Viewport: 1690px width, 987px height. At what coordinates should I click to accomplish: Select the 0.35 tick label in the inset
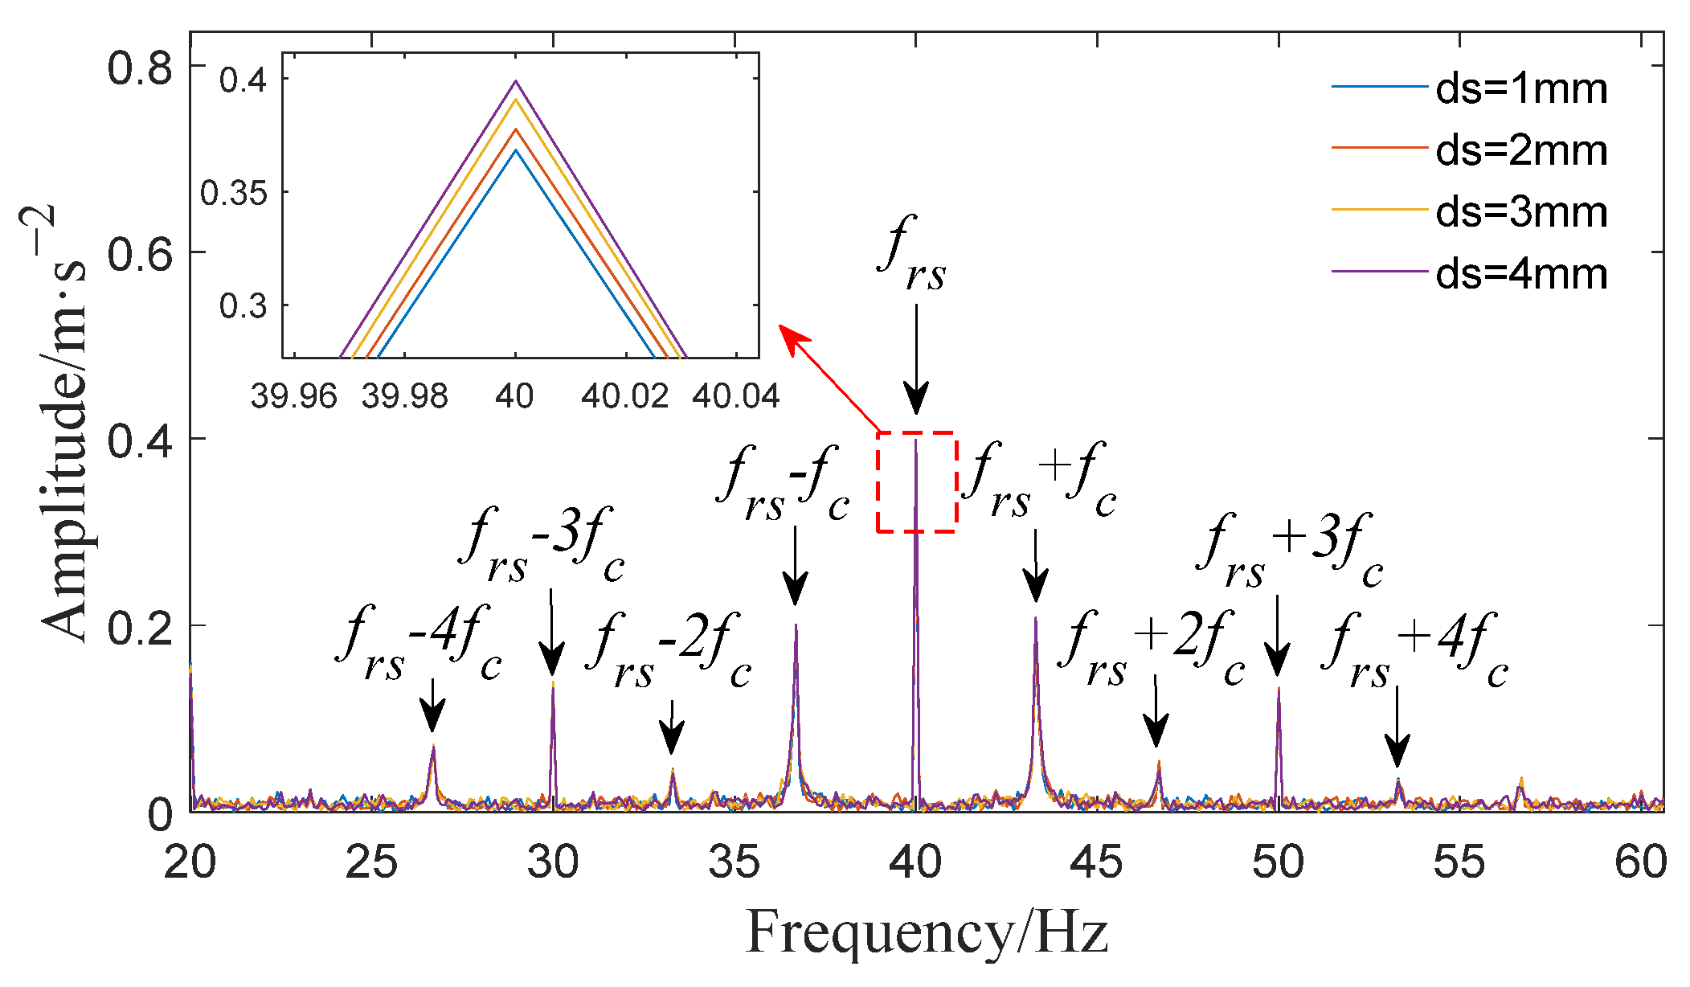point(233,193)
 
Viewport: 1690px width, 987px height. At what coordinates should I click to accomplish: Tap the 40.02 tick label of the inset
point(624,396)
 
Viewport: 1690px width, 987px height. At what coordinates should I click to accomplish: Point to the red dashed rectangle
point(916,482)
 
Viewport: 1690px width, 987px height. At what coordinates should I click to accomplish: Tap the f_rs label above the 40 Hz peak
point(911,254)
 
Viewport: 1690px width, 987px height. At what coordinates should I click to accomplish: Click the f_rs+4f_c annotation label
point(1414,650)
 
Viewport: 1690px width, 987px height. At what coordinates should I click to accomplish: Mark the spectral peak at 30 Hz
point(553,684)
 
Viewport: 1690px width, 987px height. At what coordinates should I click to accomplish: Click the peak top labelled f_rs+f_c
point(1036,618)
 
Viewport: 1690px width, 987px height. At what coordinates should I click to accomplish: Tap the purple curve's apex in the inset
point(516,81)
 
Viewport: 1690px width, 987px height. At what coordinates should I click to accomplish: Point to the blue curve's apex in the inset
point(516,150)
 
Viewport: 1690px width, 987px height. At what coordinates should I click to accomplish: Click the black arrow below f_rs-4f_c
point(432,706)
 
